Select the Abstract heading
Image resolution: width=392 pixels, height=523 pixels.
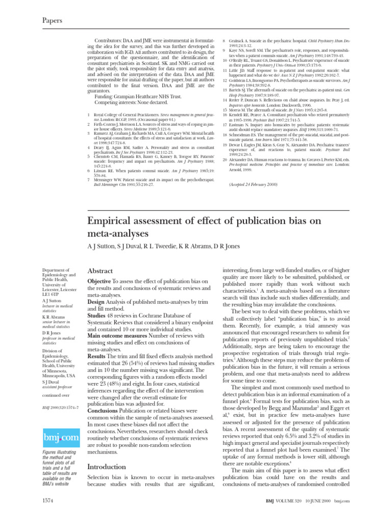point(101,271)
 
